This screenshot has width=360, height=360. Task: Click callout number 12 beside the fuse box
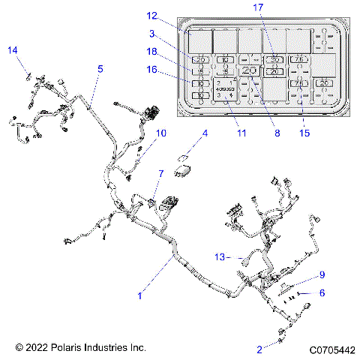[x=152, y=16]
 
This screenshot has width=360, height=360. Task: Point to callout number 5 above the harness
[x=100, y=68]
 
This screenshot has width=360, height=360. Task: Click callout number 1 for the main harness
[x=139, y=295]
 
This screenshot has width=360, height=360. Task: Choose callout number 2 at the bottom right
[x=259, y=349]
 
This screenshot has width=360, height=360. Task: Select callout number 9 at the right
[x=322, y=274]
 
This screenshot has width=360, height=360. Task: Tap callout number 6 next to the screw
[x=322, y=293]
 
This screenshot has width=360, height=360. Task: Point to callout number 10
[x=161, y=133]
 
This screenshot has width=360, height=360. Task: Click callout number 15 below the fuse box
[x=303, y=133]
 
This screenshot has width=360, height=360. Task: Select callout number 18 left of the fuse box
[x=152, y=52]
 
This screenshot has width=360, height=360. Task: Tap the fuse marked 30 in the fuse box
[x=274, y=58]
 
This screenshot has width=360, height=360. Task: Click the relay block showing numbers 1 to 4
[x=224, y=89]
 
